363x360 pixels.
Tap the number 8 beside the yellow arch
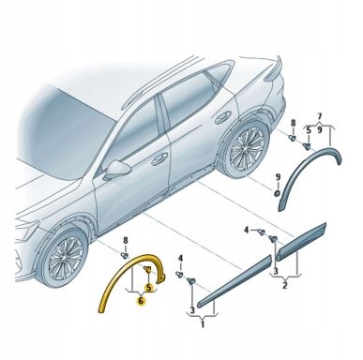[x=126, y=243]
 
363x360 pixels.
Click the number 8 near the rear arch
[x=292, y=124]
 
